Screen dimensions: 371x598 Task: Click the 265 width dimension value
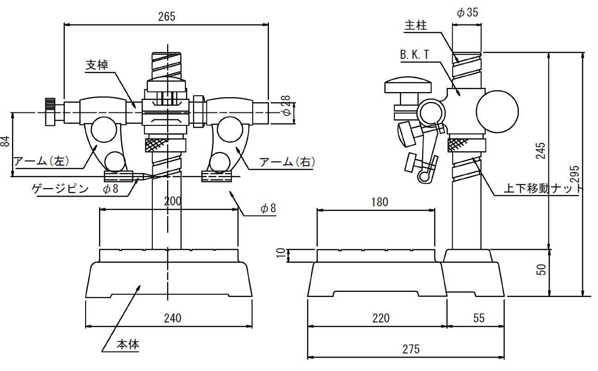167,16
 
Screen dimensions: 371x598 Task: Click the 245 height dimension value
541,151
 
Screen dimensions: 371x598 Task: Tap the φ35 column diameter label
467,12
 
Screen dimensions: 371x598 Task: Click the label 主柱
415,26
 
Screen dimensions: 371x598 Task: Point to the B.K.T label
415,55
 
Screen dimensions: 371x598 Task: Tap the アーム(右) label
287,162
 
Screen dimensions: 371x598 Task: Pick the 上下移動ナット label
543,189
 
